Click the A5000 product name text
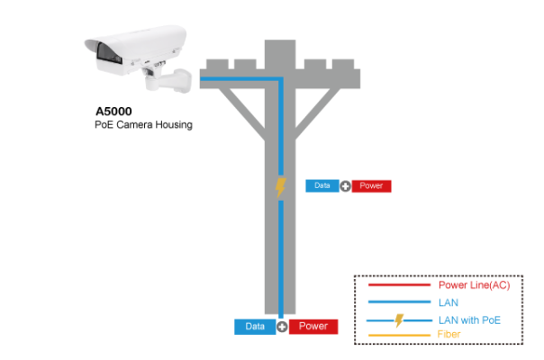[113, 112]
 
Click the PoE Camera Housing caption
[143, 125]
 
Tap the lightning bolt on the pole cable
[280, 187]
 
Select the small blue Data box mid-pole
[322, 186]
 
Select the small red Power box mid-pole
[371, 186]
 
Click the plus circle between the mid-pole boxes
[345, 186]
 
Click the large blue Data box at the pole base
[255, 327]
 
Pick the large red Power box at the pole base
[313, 327]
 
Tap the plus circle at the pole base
[282, 327]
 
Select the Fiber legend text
[448, 335]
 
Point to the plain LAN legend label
[448, 303]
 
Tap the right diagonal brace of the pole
[320, 108]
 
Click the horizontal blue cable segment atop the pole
[239, 80]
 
